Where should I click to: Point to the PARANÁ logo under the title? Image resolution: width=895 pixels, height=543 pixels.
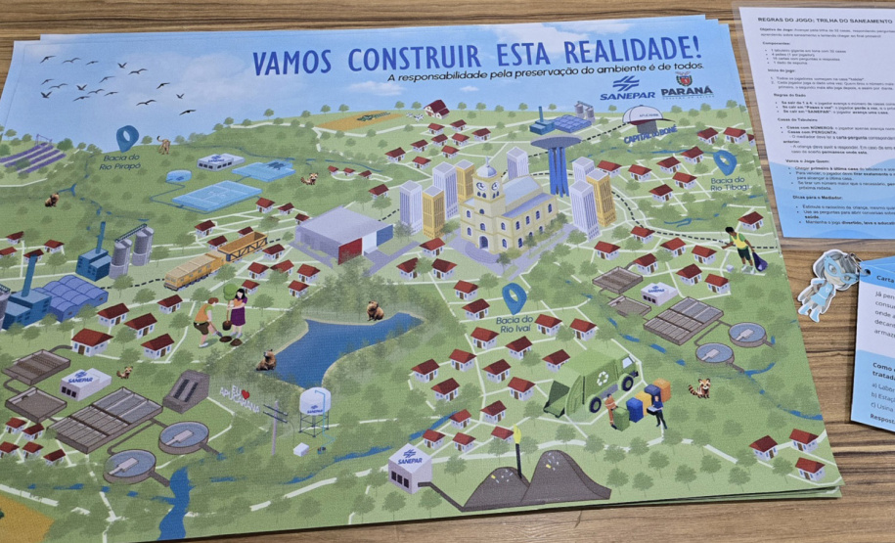(x=687, y=93)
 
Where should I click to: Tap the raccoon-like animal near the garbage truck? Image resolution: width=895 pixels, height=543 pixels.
(x=698, y=387)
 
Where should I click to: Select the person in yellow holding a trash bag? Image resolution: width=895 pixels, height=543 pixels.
(x=739, y=249)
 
